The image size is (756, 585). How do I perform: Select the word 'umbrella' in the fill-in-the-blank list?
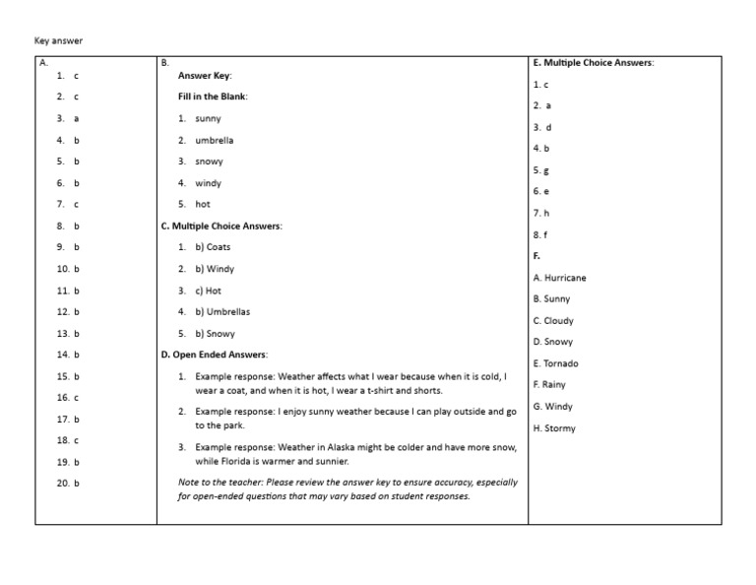pyautogui.click(x=215, y=140)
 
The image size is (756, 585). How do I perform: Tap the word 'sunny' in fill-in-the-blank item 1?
pyautogui.click(x=208, y=118)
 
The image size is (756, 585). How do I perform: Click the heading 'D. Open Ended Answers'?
pyautogui.click(x=214, y=355)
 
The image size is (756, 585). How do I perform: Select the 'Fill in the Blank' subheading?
pyautogui.click(x=213, y=97)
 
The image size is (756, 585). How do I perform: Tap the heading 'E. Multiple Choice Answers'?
pyautogui.click(x=593, y=63)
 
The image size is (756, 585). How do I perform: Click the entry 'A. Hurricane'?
pyautogui.click(x=559, y=278)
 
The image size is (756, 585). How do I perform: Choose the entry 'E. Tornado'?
pyautogui.click(x=555, y=363)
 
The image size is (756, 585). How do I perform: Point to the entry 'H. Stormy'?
pyautogui.click(x=554, y=428)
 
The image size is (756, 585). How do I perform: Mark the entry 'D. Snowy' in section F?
pyautogui.click(x=552, y=342)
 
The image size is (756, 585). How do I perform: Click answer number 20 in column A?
pyautogui.click(x=68, y=484)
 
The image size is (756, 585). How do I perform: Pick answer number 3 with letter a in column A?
pyautogui.click(x=68, y=118)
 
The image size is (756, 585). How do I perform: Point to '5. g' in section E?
pyautogui.click(x=541, y=170)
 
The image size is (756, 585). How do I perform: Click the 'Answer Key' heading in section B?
pyautogui.click(x=205, y=76)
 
